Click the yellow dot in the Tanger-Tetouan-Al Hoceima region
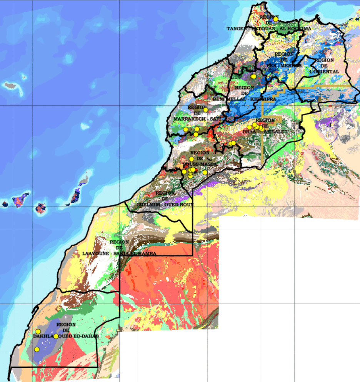point(275,19)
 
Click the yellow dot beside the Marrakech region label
point(205,110)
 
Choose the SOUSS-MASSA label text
point(200,164)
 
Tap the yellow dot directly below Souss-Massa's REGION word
point(192,159)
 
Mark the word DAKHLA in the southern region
point(43,336)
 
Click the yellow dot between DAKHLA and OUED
point(56,336)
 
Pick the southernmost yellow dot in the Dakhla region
point(37,349)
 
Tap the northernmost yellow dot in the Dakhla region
point(38,332)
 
